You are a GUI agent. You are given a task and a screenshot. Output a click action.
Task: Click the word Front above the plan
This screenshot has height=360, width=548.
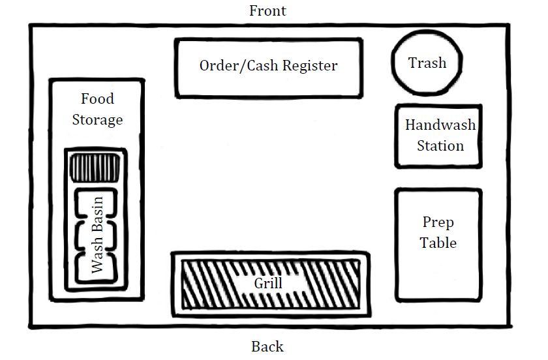click(267, 11)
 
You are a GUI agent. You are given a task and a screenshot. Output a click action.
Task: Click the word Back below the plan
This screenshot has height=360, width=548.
click(267, 347)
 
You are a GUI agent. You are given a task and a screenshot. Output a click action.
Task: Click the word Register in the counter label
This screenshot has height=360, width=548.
click(310, 66)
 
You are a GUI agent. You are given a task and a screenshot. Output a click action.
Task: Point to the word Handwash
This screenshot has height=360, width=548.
click(440, 125)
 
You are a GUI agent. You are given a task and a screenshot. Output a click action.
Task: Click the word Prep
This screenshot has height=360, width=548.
click(438, 222)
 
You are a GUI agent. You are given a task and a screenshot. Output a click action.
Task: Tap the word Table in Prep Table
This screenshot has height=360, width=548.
click(438, 243)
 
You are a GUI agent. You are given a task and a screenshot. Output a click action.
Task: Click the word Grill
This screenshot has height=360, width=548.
click(268, 283)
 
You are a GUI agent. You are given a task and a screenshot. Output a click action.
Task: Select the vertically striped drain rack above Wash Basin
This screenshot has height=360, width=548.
click(95, 168)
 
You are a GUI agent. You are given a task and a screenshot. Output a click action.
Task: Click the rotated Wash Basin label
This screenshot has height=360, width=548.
click(97, 235)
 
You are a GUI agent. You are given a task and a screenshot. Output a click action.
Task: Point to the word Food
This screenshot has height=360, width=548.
click(97, 98)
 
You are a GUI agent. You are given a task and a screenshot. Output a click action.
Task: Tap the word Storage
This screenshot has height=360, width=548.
click(97, 120)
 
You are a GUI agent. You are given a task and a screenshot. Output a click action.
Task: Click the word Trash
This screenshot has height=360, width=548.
click(427, 63)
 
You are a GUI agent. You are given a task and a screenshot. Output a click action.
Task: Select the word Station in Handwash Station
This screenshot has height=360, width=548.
click(440, 145)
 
